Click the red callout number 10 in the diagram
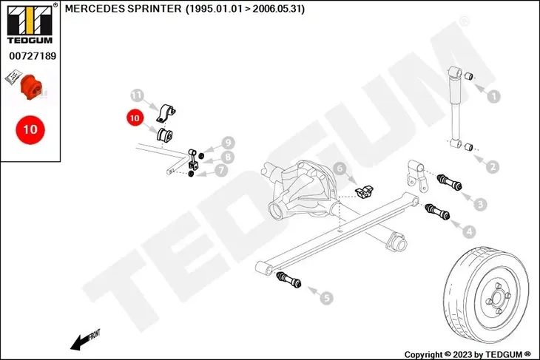133,117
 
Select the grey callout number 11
136,95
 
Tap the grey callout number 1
494,95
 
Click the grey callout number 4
470,231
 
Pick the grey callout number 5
326,298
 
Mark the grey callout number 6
341,169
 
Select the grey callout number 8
228,157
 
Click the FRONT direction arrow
84,340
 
